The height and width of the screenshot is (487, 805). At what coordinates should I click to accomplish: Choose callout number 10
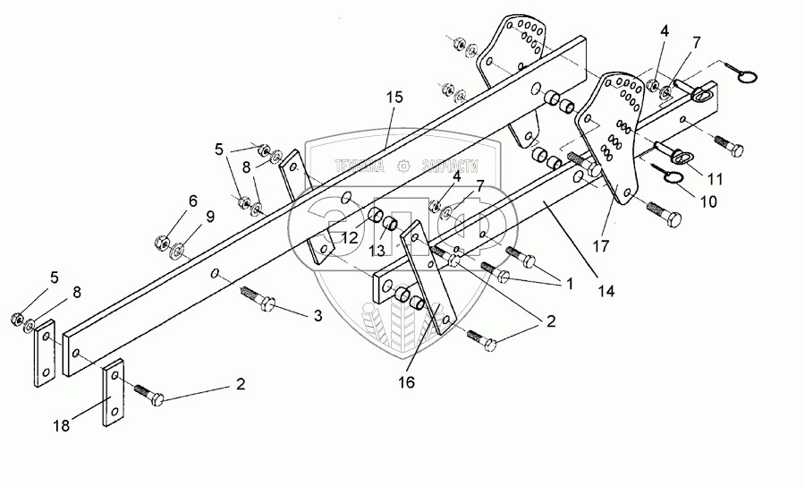coord(708,201)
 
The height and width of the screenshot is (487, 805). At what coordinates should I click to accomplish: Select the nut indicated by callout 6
coord(162,242)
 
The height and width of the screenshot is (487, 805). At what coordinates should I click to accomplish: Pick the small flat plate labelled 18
coord(112,394)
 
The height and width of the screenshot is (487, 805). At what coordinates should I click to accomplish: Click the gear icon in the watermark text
coord(403,166)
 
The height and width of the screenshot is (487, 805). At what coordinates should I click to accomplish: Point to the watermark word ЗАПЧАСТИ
coord(449,166)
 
